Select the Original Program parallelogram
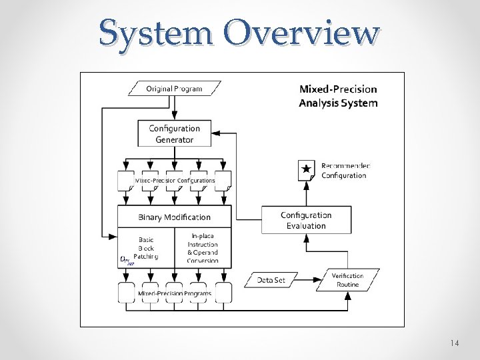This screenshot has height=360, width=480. pos(174,88)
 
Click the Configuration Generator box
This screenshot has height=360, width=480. pos(174,133)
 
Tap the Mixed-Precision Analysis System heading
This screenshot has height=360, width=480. pos(338,96)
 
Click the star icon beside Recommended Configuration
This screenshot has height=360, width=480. pos(306,170)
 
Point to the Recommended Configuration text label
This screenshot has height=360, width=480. pos(345,171)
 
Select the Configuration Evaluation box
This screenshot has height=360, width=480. pos(306,220)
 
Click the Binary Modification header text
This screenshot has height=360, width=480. pos(174,217)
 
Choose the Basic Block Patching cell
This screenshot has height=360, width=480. pos(145,247)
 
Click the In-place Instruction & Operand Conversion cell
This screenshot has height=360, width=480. pos(203,247)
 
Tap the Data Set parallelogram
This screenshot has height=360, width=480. pos(271,280)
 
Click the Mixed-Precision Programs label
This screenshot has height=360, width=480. pos(175,293)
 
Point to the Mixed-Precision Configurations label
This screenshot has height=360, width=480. pos(175,181)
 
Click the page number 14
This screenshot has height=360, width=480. pos(454,343)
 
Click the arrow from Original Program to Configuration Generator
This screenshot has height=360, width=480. pos(174,107)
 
